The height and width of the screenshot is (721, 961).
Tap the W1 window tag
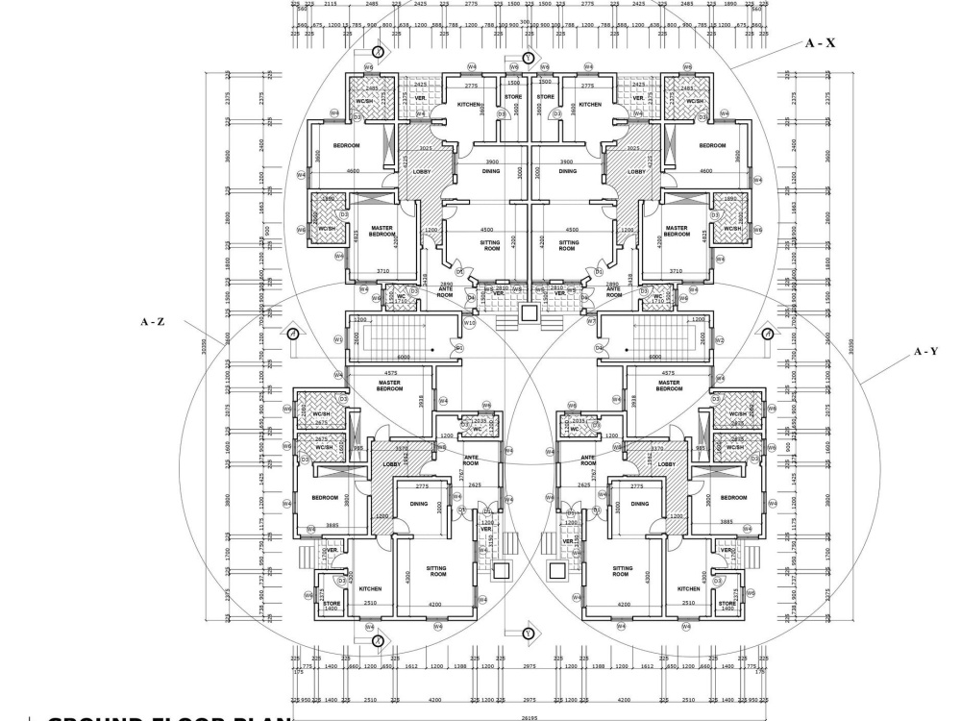[x=338, y=339]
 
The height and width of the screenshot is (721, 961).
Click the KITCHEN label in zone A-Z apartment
[x=371, y=588]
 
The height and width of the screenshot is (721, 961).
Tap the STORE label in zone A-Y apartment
[x=727, y=604]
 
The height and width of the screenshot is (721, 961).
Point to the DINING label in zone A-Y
[x=640, y=503]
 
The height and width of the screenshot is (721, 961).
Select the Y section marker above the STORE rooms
[x=528, y=58]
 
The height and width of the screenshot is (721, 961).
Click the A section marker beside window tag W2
[x=767, y=333]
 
